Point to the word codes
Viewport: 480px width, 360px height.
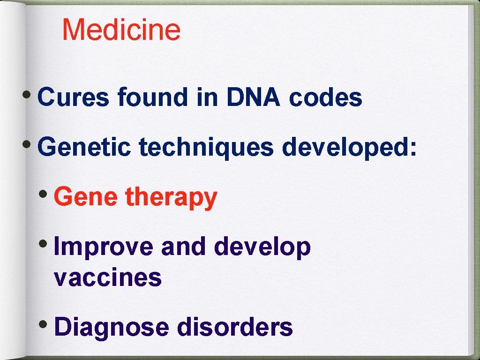pyautogui.click(x=326, y=98)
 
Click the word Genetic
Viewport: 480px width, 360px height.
pyautogui.click(x=84, y=148)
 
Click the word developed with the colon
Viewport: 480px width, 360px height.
pyautogui.click(x=349, y=148)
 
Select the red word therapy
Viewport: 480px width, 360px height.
pyautogui.click(x=171, y=197)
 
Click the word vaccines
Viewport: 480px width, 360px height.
pyautogui.click(x=108, y=277)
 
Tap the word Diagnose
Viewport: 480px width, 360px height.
pyautogui.click(x=112, y=327)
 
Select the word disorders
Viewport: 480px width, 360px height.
pyautogui.click(x=234, y=327)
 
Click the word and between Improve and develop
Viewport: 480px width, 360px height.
pyautogui.click(x=183, y=247)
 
